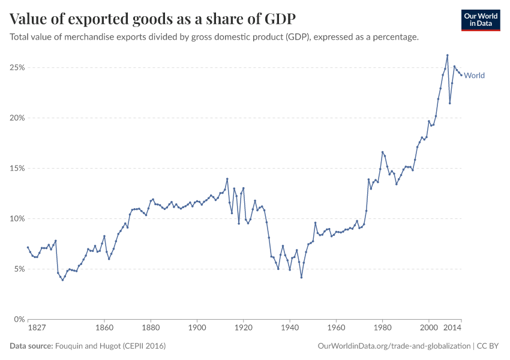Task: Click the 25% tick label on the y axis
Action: (16, 68)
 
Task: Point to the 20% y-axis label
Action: (16, 118)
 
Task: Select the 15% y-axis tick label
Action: (16, 169)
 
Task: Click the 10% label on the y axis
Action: (16, 219)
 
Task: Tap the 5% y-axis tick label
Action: (18, 269)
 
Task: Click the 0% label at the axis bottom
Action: (18, 319)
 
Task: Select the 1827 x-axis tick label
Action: (37, 329)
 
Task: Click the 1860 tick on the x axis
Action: (104, 329)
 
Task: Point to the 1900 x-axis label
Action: (197, 329)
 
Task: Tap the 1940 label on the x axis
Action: (290, 329)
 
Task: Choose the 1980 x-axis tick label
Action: (382, 329)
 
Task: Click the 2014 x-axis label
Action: (452, 329)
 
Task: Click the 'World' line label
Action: (474, 76)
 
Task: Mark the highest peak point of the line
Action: (447, 55)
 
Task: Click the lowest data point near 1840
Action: (62, 280)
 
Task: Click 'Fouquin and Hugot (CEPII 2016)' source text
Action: (110, 346)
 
